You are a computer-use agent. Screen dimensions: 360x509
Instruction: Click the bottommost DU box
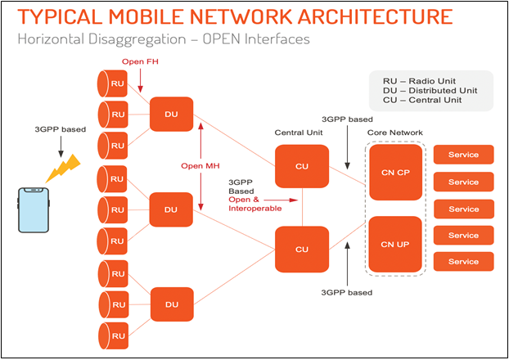pos(171,304)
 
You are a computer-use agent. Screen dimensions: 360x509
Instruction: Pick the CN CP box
pos(394,172)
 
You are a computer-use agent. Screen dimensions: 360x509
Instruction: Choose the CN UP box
pos(394,244)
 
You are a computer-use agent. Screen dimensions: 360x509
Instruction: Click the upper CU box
pos(302,167)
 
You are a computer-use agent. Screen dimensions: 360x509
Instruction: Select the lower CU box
pos(302,249)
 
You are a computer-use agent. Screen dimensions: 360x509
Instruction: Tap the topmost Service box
pos(463,155)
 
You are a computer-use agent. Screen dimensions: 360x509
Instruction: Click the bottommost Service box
pos(463,262)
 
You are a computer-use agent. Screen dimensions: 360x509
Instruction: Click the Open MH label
pos(200,166)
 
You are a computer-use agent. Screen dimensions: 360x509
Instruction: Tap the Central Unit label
pos(298,132)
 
